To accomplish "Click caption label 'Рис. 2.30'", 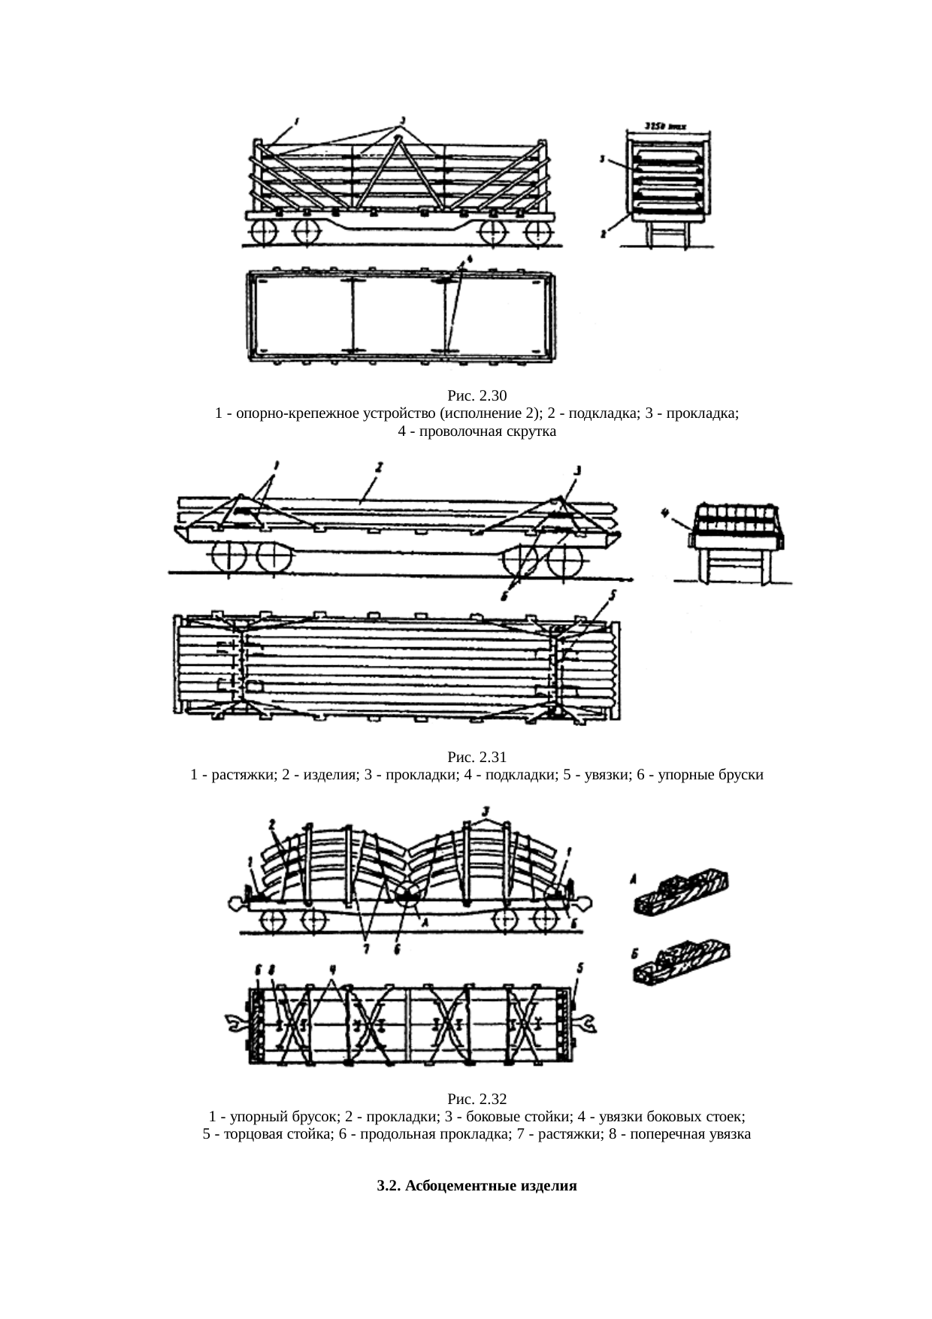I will [477, 395].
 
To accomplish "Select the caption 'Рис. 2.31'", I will [477, 756].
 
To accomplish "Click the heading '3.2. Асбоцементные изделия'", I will [477, 1186].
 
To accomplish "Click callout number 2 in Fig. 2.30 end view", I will [603, 234].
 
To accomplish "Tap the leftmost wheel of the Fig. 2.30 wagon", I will [265, 231].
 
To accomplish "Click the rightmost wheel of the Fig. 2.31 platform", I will [567, 561].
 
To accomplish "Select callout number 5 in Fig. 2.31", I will [613, 595].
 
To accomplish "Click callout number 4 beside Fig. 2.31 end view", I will [664, 514].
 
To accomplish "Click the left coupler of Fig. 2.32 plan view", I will [235, 1023].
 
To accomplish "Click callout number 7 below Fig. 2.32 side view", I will [366, 949].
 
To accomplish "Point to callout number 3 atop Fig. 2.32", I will [486, 811].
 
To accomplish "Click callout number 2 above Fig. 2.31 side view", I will [379, 467].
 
